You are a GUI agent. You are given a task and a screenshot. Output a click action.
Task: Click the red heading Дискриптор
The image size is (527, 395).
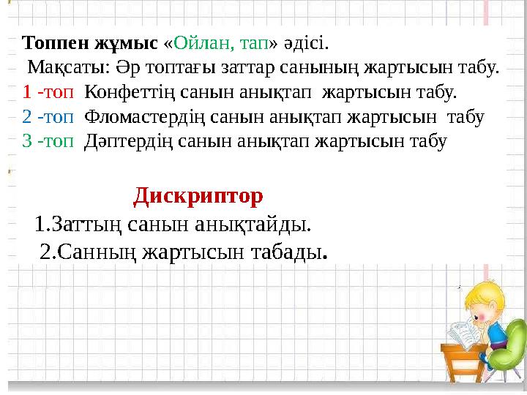click(198, 196)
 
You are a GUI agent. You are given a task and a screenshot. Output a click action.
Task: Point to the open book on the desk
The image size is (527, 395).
click(460, 333)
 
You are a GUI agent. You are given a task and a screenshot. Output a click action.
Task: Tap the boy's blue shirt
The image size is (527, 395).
click(497, 333)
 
